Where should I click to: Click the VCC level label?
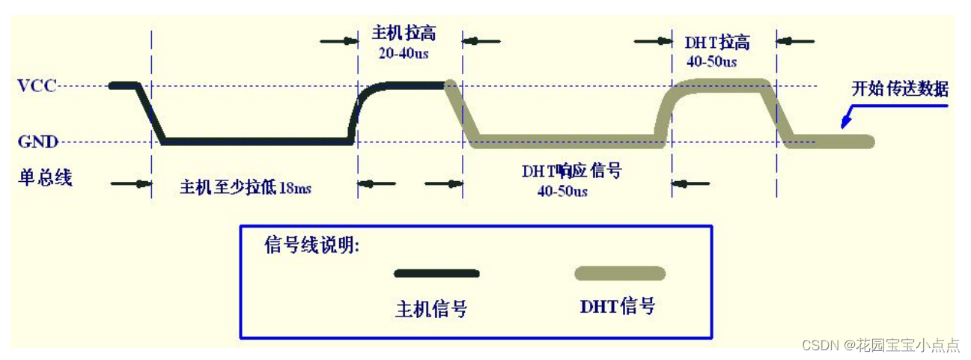(38, 85)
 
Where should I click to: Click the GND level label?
(38, 141)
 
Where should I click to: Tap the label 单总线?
(45, 178)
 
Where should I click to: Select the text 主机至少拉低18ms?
(245, 187)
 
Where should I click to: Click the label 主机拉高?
(404, 34)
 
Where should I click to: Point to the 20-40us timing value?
(404, 54)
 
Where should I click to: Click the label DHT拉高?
(716, 42)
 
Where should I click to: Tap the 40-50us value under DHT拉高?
(711, 61)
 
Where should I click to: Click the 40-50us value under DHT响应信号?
(562, 191)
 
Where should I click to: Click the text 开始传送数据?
(900, 89)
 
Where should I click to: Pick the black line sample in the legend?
(436, 273)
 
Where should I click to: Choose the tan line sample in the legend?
(619, 273)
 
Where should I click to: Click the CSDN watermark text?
(880, 345)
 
